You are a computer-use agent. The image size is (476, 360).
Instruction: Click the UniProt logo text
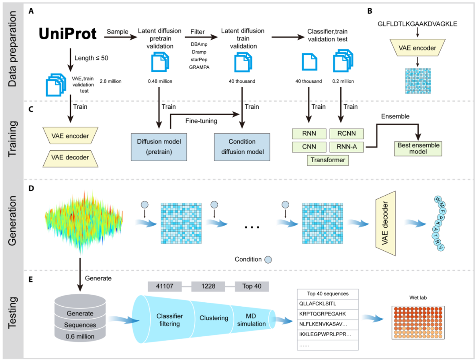[67, 33]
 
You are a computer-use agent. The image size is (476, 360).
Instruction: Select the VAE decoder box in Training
[70, 158]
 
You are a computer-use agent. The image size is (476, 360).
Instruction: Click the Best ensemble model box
[418, 148]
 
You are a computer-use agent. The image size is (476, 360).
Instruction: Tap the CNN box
[309, 146]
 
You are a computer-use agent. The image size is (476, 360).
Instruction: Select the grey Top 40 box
[252, 286]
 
